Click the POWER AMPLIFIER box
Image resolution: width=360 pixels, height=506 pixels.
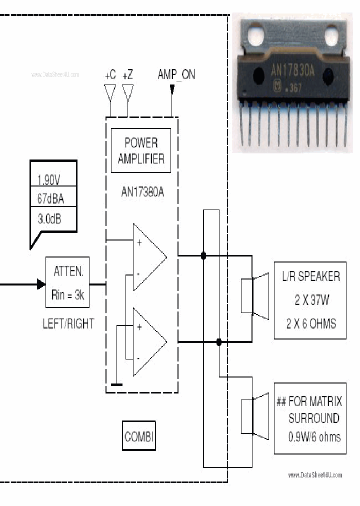[x=140, y=150]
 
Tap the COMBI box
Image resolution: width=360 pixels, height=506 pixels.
[x=139, y=436]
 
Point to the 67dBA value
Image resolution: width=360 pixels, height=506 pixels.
[x=50, y=199]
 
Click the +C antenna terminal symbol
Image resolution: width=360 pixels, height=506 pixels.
[x=110, y=92]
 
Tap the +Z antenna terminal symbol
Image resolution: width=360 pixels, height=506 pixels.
[x=127, y=92]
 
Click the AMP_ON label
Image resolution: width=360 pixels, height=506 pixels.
[x=176, y=74]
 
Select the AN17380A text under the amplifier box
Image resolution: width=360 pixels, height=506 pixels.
[x=142, y=191]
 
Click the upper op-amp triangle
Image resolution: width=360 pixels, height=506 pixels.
[x=148, y=257]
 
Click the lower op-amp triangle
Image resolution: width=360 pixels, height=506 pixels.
[x=148, y=342]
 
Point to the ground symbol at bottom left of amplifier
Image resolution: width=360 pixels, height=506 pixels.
[x=116, y=384]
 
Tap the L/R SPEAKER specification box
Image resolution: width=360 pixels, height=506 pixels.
[x=310, y=300]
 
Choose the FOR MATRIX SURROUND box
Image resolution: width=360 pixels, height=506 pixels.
[x=310, y=418]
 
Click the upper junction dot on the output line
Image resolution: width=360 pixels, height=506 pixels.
[x=203, y=256]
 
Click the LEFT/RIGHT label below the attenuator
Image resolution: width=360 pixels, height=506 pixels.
[x=68, y=323]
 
